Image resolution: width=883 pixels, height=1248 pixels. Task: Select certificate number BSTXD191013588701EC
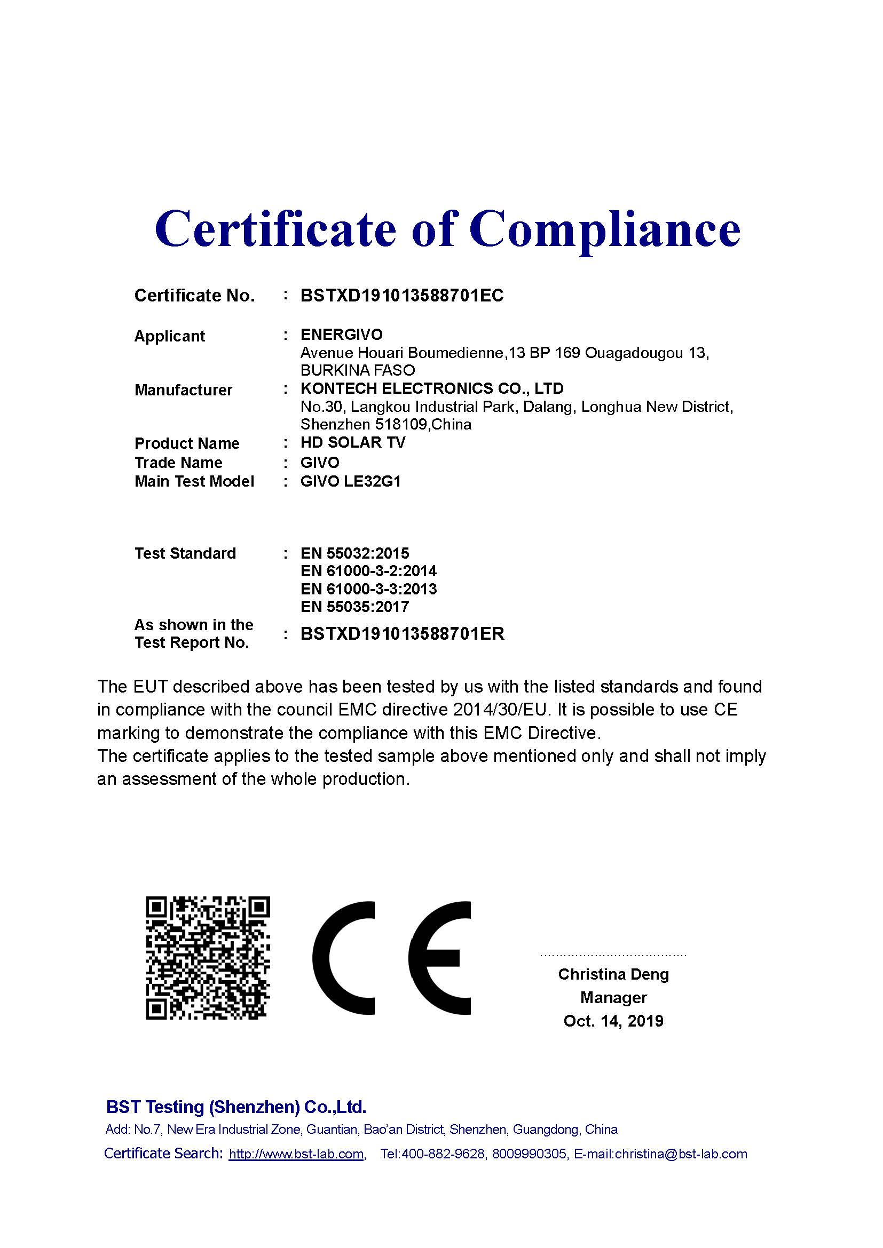click(402, 296)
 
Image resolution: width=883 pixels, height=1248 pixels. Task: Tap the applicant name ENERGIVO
click(342, 335)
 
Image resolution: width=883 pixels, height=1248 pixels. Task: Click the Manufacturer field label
click(183, 390)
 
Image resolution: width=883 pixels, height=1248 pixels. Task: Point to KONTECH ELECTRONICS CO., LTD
click(432, 388)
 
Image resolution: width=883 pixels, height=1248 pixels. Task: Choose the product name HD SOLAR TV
click(353, 442)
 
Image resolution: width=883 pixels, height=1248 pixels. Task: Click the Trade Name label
click(178, 463)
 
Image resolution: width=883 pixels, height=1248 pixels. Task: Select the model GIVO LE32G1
click(351, 482)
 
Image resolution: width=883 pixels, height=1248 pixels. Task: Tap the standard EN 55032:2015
click(354, 553)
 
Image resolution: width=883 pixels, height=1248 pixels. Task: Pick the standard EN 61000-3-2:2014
click(368, 571)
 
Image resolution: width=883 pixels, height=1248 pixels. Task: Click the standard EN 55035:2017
click(354, 607)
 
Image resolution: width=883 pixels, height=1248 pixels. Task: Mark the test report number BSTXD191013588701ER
click(403, 634)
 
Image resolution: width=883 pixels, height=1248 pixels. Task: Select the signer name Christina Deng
click(613, 974)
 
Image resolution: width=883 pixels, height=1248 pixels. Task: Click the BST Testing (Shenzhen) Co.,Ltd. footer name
click(236, 1107)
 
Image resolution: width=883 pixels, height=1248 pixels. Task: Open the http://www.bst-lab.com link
click(296, 1154)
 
